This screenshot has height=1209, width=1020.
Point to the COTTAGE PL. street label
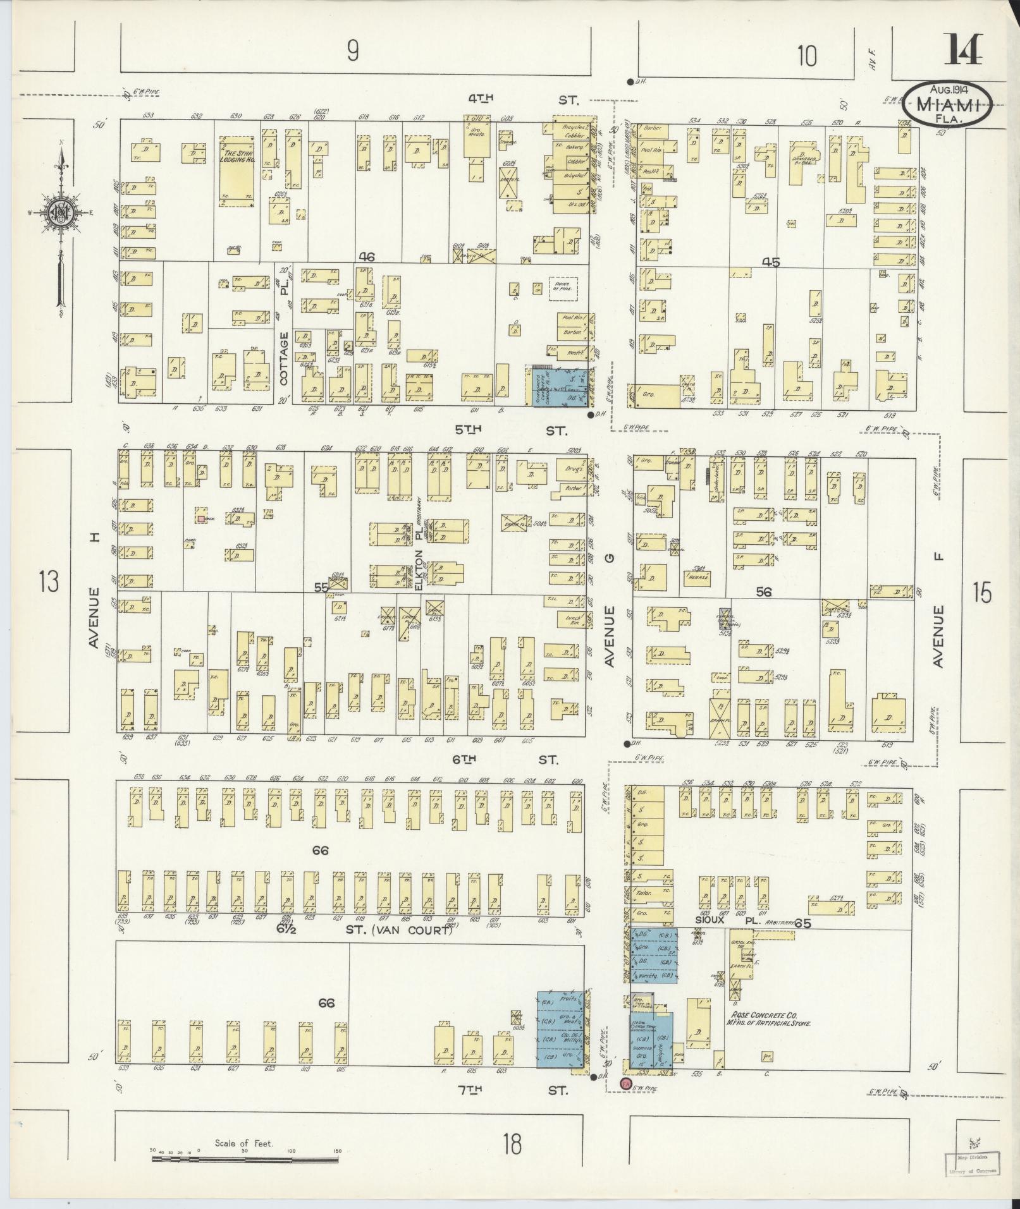(284, 341)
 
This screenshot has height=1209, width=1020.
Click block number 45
(771, 262)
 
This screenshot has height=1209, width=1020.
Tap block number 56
(764, 592)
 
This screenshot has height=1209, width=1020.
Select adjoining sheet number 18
(513, 1142)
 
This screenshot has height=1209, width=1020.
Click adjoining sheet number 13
(48, 580)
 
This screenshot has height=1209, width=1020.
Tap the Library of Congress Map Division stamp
(973, 1162)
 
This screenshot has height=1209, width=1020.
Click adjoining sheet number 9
(353, 51)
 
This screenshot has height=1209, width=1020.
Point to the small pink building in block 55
(200, 519)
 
